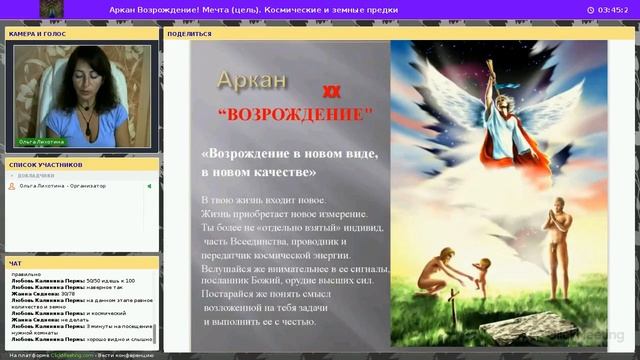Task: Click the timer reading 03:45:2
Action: tap(608, 10)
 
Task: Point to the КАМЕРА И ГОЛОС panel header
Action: tap(38, 33)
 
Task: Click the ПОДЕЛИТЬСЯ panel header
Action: tap(190, 33)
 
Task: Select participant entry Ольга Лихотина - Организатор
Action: tap(62, 186)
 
